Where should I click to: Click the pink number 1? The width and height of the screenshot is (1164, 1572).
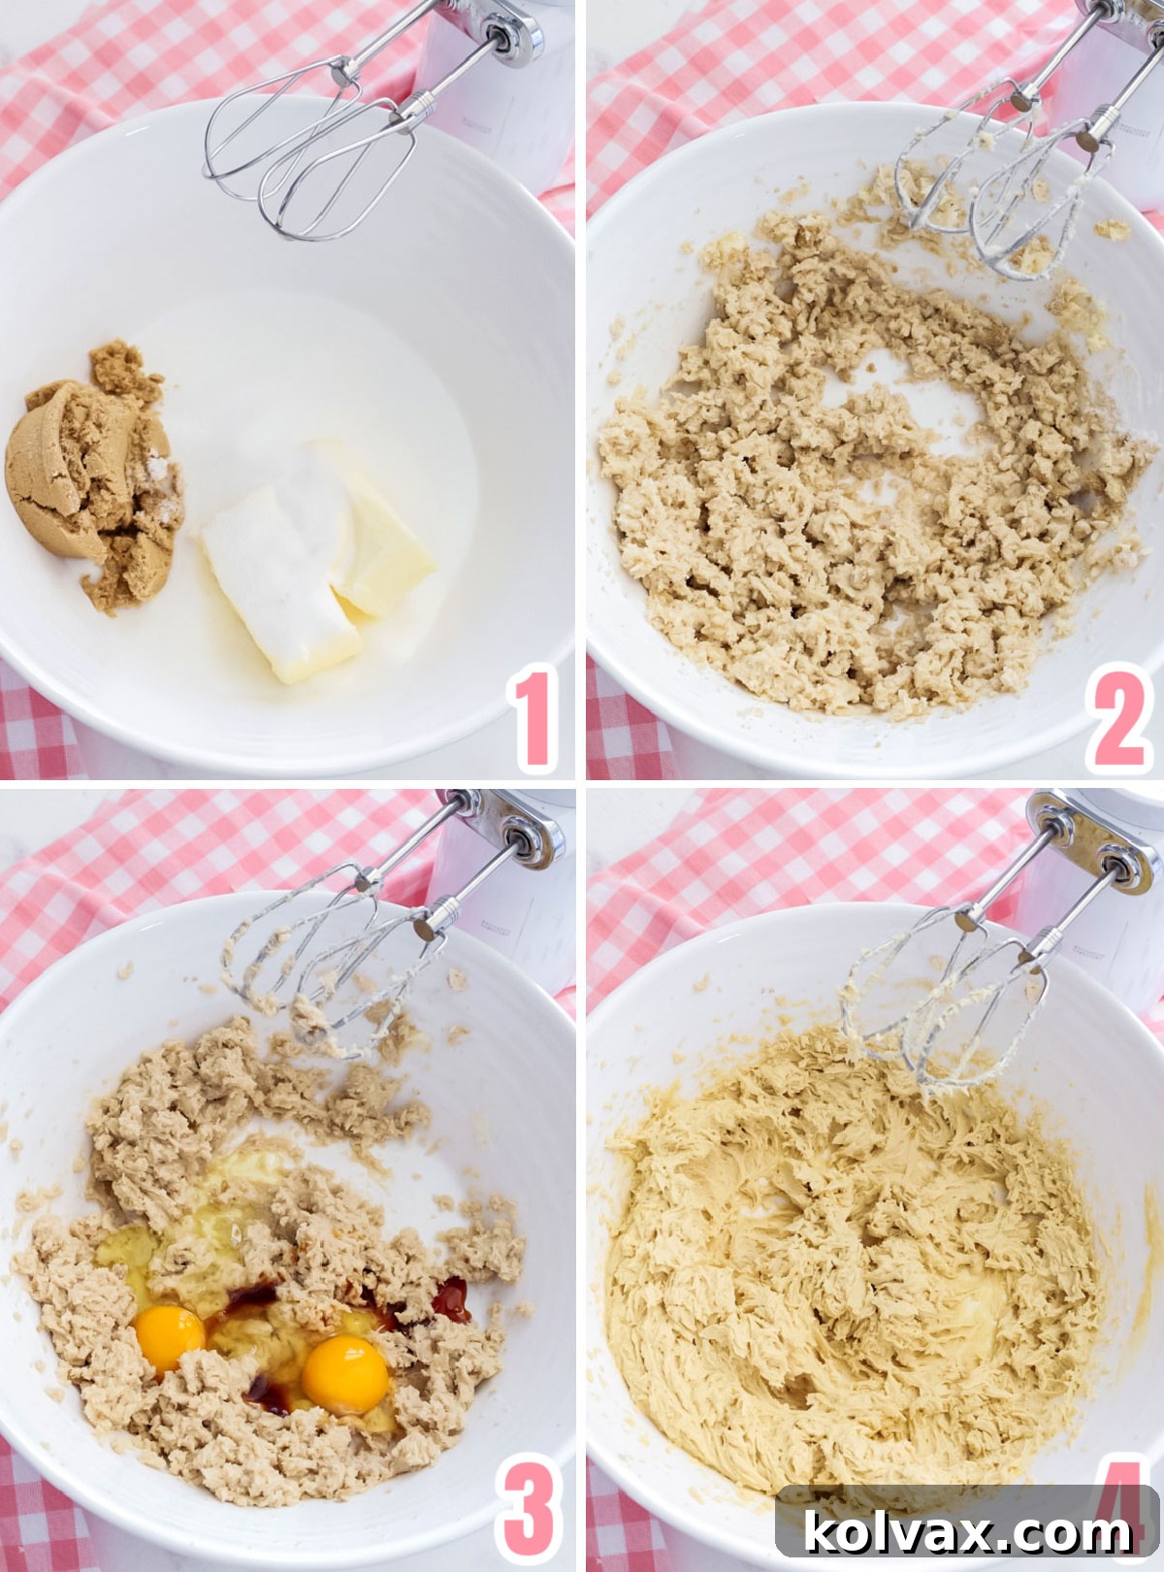click(534, 719)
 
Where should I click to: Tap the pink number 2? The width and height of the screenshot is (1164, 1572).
click(1119, 719)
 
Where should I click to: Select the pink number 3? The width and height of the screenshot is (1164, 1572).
click(529, 1510)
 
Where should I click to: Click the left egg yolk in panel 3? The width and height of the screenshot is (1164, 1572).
click(169, 1338)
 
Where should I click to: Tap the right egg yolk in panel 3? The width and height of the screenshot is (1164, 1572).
click(345, 1373)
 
